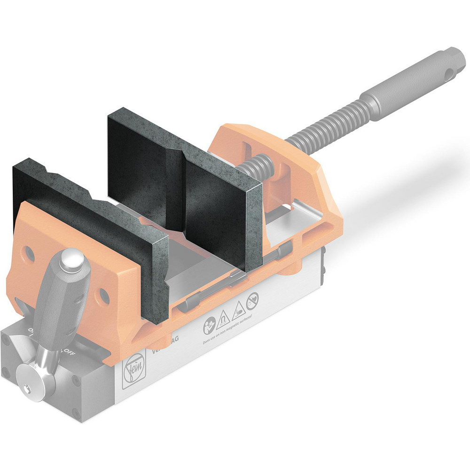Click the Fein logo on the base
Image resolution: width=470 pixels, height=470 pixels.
pyautogui.click(x=132, y=373)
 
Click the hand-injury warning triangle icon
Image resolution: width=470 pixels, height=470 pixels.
pyautogui.click(x=238, y=306)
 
